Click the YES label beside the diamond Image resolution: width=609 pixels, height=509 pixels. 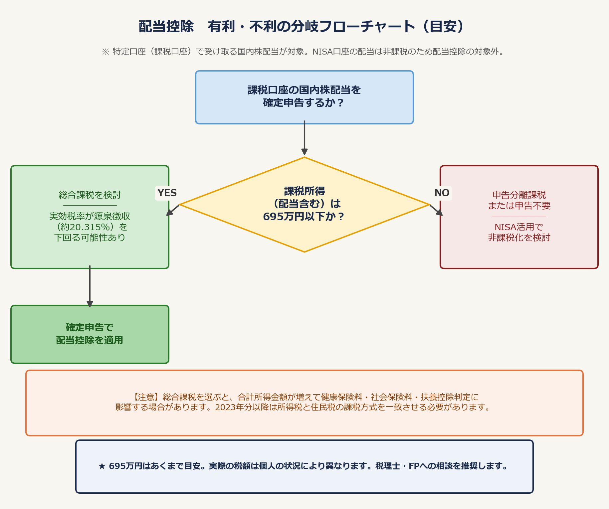(167, 193)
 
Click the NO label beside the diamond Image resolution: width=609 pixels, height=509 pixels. (442, 193)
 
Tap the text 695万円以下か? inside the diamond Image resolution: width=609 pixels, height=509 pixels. (304, 217)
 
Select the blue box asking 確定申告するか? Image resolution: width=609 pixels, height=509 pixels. (304, 97)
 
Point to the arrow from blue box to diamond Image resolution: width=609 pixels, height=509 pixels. (304, 138)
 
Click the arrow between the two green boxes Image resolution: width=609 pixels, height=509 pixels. (90, 286)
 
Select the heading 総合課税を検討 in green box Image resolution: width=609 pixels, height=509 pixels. (90, 195)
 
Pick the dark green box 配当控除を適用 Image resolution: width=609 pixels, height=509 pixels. (90, 334)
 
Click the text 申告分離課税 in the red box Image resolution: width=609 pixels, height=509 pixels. (519, 195)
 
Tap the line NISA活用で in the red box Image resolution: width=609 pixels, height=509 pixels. (519, 227)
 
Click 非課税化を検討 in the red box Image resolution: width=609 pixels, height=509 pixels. (519, 238)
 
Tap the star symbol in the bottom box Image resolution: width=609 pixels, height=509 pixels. (102, 466)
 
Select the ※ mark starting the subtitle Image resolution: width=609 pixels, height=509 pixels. (105, 52)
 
